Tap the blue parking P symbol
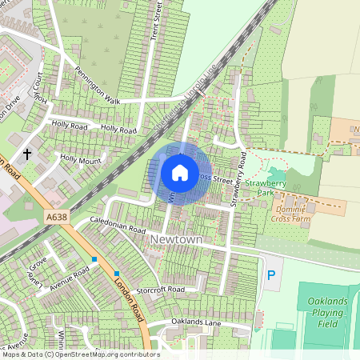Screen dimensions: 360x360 coord(270,274)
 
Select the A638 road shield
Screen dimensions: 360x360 coord(57,216)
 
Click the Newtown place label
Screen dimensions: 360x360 coord(176,239)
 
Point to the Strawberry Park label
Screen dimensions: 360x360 coord(265,187)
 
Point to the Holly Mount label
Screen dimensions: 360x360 coord(81,159)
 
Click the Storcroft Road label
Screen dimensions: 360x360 coord(161,289)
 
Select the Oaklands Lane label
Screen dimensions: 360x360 coord(196,322)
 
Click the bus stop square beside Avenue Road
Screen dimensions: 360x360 coord(94,259)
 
